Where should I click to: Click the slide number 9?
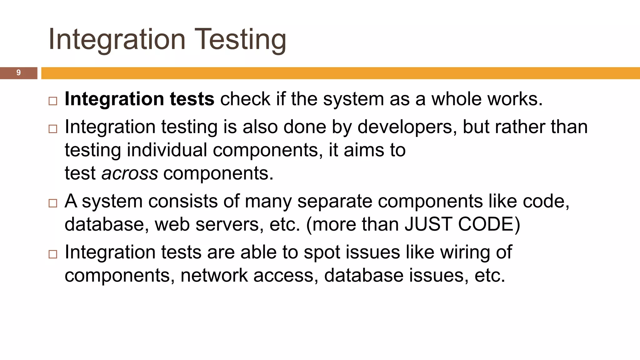18,73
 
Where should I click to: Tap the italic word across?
130,173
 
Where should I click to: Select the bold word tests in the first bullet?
192,99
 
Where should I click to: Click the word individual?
167,150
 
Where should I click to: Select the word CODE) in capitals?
489,224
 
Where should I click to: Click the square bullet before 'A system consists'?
53,203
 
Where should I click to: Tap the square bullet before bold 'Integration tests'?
53,101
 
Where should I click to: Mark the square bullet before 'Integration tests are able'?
53,254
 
